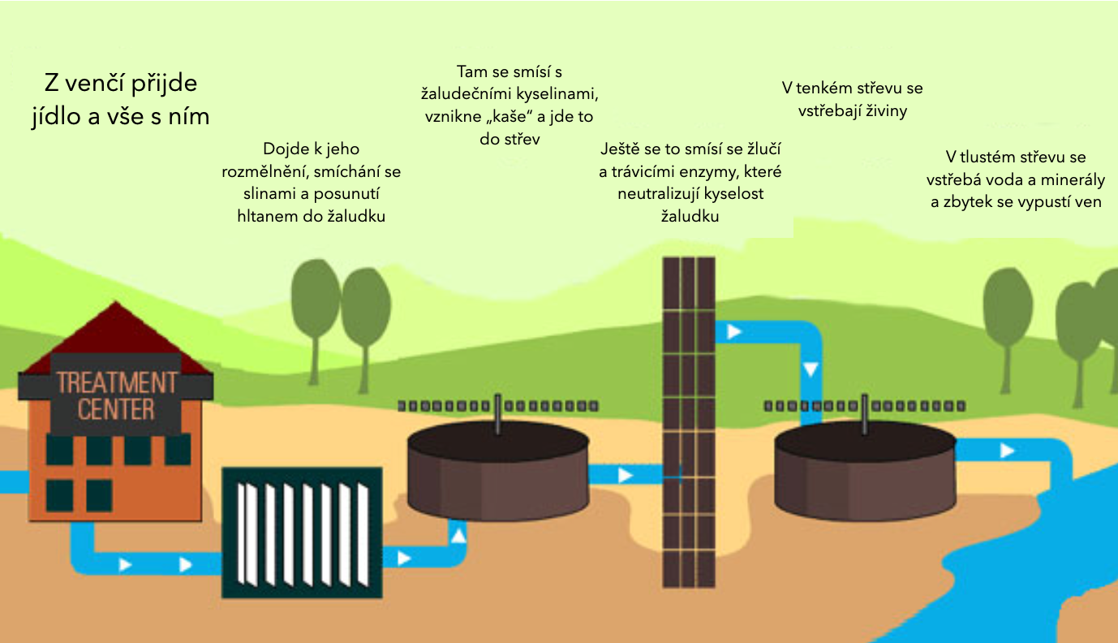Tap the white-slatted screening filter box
pos(302,533)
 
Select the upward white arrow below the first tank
pos(458,535)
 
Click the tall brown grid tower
pos(689,422)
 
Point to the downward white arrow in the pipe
pos(811,370)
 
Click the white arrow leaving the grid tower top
pos(734,332)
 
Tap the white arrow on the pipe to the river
pos(1007,451)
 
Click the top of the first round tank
pos(497,444)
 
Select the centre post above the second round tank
pos(866,415)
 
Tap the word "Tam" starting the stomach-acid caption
pos(471,71)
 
